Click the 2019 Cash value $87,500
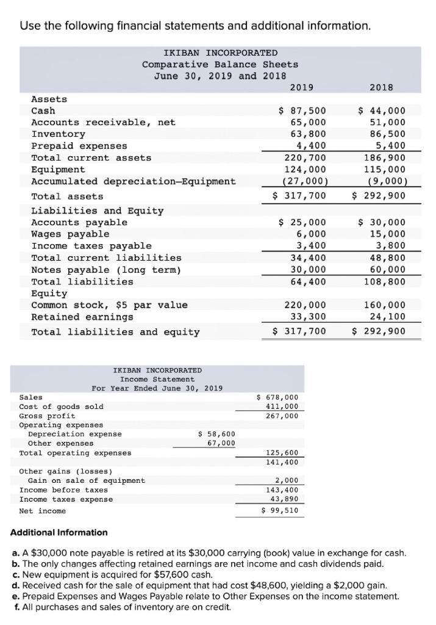click(302, 110)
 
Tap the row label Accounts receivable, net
click(103, 122)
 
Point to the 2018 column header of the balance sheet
click(381, 87)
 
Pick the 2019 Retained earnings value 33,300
click(306, 317)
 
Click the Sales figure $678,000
click(279, 397)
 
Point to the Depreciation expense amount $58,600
click(217, 434)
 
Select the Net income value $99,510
click(279, 510)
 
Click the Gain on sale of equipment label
click(87, 480)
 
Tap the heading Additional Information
click(59, 533)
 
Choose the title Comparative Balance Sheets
click(220, 64)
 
